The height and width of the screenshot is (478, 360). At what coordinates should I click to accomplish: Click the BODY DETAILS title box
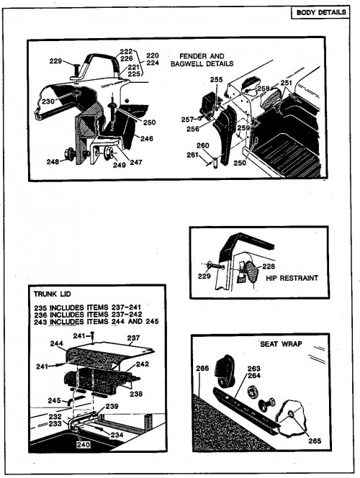[320, 12]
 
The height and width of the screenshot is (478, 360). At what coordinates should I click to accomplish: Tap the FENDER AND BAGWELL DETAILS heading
[202, 60]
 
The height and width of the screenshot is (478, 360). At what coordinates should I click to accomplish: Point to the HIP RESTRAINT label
[292, 278]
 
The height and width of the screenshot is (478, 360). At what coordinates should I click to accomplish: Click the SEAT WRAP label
[281, 344]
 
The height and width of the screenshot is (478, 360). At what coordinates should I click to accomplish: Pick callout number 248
[53, 162]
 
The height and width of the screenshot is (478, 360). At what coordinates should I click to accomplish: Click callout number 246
[147, 139]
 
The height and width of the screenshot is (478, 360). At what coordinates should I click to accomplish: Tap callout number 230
[48, 102]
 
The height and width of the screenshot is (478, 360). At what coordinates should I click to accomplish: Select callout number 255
[216, 80]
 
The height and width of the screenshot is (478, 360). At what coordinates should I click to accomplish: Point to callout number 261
[193, 155]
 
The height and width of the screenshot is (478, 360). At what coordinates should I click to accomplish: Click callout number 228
[269, 266]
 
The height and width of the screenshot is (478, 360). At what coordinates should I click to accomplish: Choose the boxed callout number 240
[84, 445]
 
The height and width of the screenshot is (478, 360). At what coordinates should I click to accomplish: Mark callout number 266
[202, 369]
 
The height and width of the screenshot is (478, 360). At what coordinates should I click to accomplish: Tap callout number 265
[315, 441]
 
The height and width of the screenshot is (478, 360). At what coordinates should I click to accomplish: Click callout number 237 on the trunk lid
[133, 338]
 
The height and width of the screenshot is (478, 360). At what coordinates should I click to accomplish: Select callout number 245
[54, 400]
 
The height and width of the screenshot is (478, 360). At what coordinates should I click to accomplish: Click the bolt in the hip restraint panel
[216, 266]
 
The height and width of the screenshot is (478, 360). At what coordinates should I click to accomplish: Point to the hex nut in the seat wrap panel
[252, 392]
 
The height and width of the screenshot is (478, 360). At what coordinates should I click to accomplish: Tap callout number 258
[264, 89]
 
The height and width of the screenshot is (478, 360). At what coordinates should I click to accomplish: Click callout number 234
[117, 435]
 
